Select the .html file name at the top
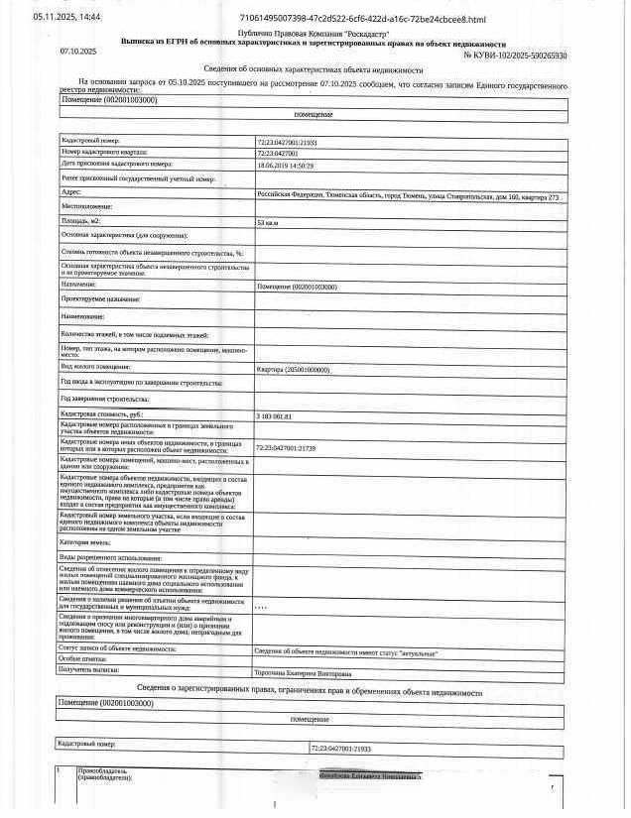click(363, 19)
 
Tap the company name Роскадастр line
click(315, 35)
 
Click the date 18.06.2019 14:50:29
click(286, 165)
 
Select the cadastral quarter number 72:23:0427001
click(279, 154)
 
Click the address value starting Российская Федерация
click(408, 196)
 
